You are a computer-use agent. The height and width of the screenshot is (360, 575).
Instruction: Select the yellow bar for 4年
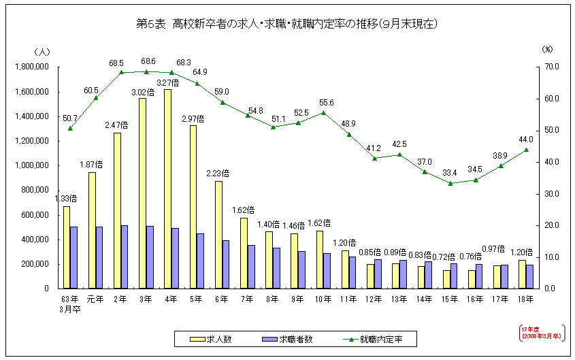pos(167,189)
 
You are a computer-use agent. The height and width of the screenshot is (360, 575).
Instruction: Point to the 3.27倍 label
pos(167,83)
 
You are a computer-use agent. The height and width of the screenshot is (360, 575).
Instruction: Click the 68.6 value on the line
pos(146,62)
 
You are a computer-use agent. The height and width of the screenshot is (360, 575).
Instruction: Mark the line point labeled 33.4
pos(450,183)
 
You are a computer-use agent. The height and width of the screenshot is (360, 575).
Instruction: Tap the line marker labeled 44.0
pos(526,150)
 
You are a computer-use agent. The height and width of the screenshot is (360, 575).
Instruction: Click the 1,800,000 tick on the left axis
pos(31,67)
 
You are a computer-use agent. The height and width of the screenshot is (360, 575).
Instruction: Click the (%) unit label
pos(547,50)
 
